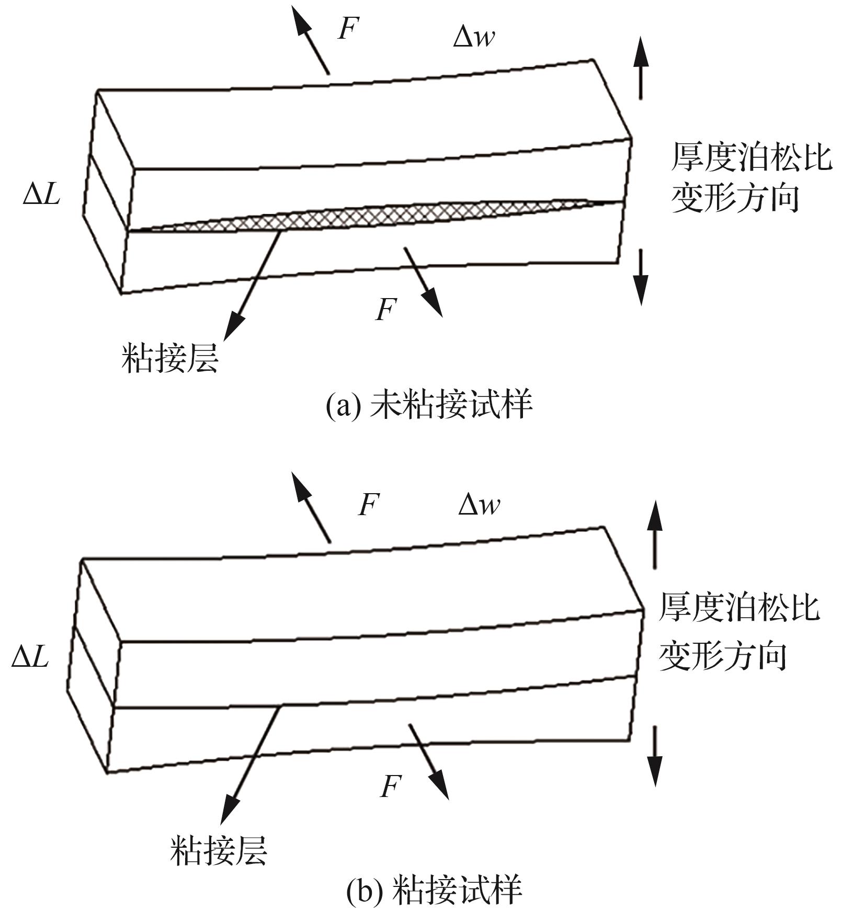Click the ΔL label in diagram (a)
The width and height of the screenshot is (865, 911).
click(42, 195)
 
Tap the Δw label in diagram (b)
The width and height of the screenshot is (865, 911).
click(479, 505)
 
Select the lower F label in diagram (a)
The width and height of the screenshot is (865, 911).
click(386, 309)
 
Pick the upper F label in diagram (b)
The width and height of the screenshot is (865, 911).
click(369, 505)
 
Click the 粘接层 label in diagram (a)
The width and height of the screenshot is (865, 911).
click(169, 358)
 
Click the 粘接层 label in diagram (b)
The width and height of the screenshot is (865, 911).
click(218, 850)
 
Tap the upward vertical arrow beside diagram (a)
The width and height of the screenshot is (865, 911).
click(641, 68)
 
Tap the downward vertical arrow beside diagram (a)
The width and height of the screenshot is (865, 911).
click(641, 277)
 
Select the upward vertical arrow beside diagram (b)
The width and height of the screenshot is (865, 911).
click(654, 533)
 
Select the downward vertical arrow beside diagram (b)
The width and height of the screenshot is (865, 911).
click(654, 756)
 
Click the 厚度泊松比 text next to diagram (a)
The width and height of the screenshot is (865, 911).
click(751, 157)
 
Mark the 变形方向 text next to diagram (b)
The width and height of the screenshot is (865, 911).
click(722, 656)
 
